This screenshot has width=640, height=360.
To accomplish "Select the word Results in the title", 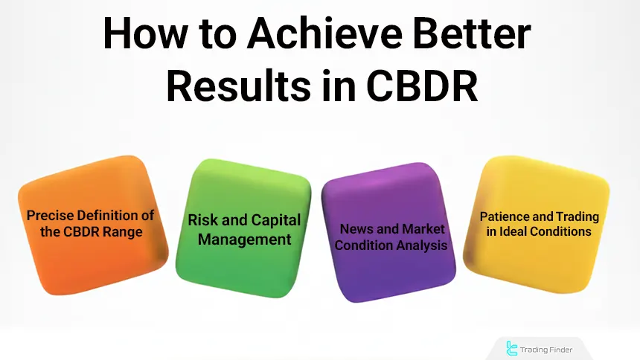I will (240, 86).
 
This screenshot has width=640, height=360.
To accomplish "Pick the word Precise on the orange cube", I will (51, 215).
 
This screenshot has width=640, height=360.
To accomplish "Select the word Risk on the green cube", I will (204, 220).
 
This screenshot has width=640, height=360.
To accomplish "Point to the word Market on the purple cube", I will (425, 229).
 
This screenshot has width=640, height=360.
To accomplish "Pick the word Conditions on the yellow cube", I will (564, 231).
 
